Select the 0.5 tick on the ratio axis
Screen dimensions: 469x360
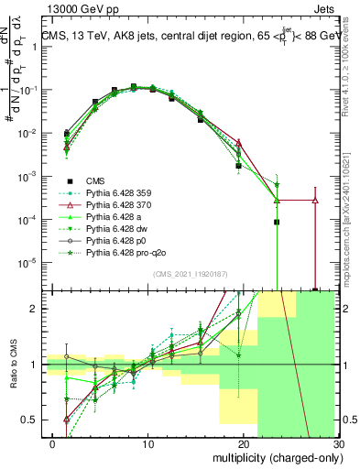(x=37, y=420)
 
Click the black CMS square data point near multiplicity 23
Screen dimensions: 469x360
(x=276, y=222)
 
